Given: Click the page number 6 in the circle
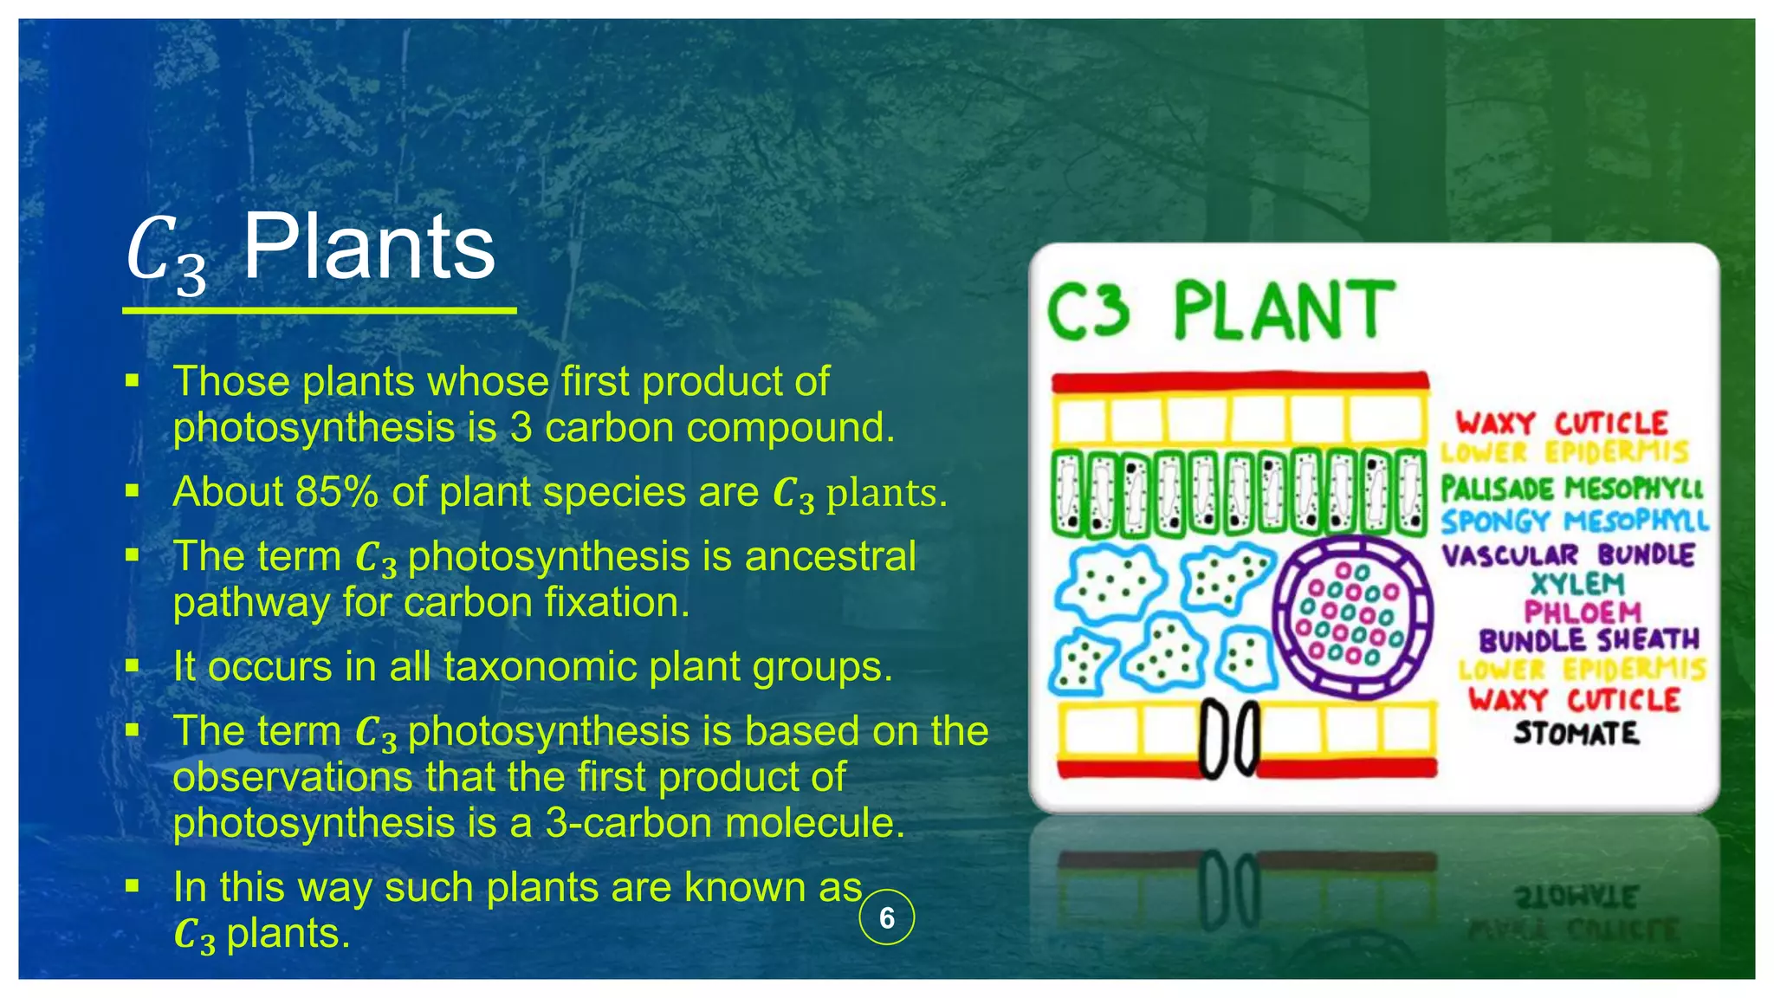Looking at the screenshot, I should point(886,917).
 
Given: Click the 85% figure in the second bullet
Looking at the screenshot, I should point(335,492).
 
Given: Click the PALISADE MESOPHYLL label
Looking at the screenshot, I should point(1571,489).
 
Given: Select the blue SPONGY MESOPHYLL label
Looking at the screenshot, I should point(1574,521).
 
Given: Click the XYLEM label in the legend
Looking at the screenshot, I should point(1577,584).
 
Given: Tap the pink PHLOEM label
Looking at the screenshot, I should point(1582,612).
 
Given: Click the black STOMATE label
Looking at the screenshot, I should point(1576,734).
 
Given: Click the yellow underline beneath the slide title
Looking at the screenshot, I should point(319,309).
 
